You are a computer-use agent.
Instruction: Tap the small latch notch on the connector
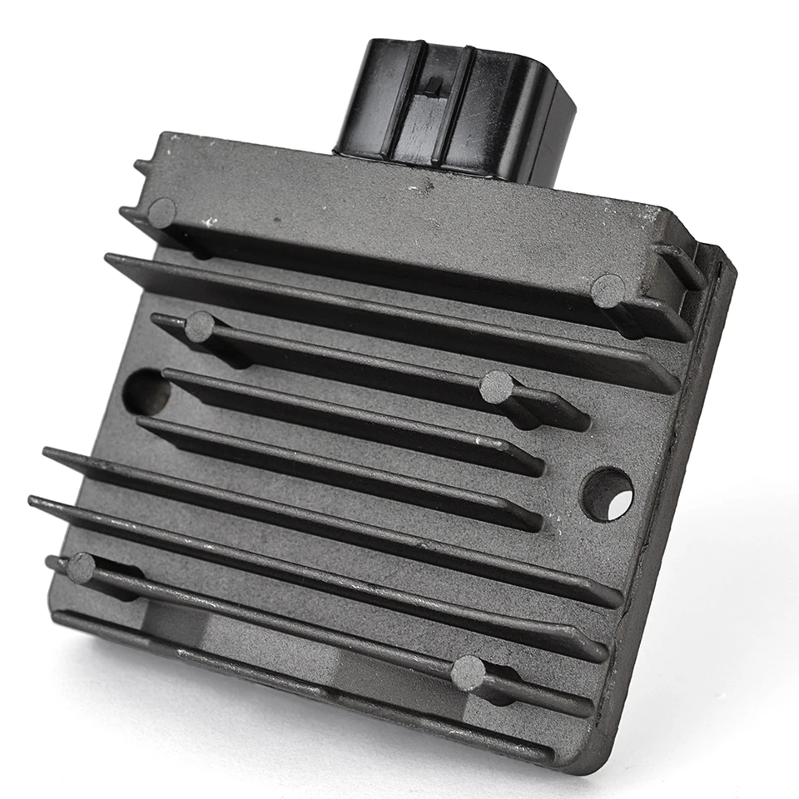(x=434, y=84)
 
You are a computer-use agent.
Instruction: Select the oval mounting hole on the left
(x=145, y=391)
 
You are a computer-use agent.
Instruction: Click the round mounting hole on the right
(x=608, y=495)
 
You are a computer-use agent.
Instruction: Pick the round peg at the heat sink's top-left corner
(x=161, y=213)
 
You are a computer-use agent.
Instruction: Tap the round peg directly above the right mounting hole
(x=608, y=290)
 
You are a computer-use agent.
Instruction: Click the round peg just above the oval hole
(x=200, y=326)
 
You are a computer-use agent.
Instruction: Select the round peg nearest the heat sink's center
(x=497, y=386)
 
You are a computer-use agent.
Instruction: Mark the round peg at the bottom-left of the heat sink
(x=81, y=568)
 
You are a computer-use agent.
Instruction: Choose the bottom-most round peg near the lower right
(x=468, y=672)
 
